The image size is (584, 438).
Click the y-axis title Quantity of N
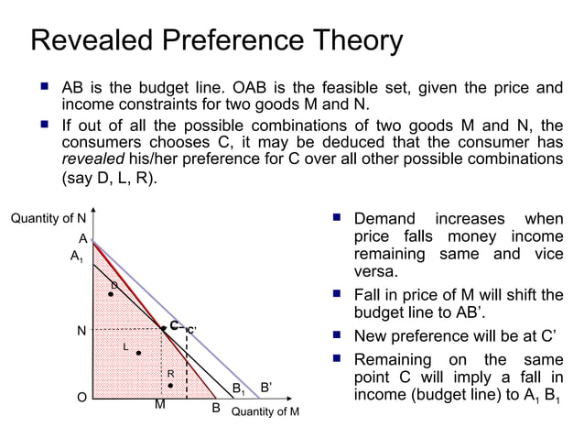[48, 218]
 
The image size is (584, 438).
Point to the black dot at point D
[111, 294]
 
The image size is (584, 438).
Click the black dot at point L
[138, 353]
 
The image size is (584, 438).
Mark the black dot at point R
[170, 386]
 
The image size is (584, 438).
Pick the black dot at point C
[164, 328]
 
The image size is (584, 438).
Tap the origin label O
[81, 398]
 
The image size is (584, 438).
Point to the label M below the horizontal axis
[159, 404]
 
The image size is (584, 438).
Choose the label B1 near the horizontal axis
[237, 390]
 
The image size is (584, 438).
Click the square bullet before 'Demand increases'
[337, 218]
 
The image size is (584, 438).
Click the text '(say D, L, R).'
[108, 179]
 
